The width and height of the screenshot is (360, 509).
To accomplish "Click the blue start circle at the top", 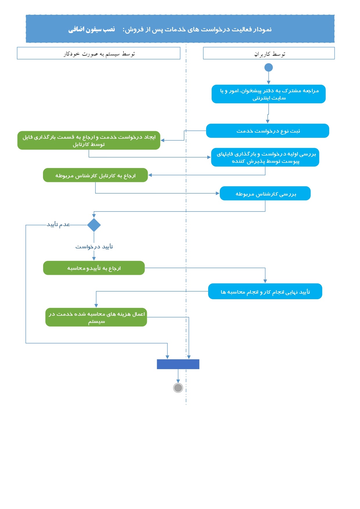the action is click(269, 68).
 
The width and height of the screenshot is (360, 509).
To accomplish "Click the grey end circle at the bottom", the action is click(178, 388).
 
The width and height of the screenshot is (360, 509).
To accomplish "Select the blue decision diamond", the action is click(94, 225).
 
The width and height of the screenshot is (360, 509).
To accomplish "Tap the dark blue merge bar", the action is click(178, 364).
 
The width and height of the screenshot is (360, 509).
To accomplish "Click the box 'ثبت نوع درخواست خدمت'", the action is click(268, 131).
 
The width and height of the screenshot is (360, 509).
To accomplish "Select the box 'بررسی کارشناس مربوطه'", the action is click(265, 194).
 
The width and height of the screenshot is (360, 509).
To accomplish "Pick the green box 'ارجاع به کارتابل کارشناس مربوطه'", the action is click(96, 175).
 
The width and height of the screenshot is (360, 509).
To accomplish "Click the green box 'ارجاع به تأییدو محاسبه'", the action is click(94, 268).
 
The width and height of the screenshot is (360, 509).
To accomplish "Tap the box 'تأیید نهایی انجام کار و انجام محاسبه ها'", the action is click(265, 291).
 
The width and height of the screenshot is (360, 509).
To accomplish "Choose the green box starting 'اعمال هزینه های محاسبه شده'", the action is click(96, 317).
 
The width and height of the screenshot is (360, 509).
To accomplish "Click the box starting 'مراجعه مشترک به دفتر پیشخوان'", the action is click(269, 94).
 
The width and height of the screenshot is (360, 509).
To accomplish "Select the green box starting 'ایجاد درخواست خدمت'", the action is click(89, 140).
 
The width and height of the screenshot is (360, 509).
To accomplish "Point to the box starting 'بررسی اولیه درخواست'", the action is click(265, 157).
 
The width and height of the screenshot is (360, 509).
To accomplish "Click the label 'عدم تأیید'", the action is click(58, 224).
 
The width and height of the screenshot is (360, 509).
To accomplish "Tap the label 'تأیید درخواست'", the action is click(94, 247).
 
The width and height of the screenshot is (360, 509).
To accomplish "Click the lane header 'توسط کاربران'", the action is click(269, 53).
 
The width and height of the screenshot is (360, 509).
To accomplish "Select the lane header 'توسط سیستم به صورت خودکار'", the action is click(99, 53).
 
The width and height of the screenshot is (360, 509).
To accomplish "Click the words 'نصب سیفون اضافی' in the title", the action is click(92, 29).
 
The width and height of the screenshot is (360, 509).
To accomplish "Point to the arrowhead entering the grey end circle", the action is click(178, 381).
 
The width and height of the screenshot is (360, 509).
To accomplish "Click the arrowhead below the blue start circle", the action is click(269, 82).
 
